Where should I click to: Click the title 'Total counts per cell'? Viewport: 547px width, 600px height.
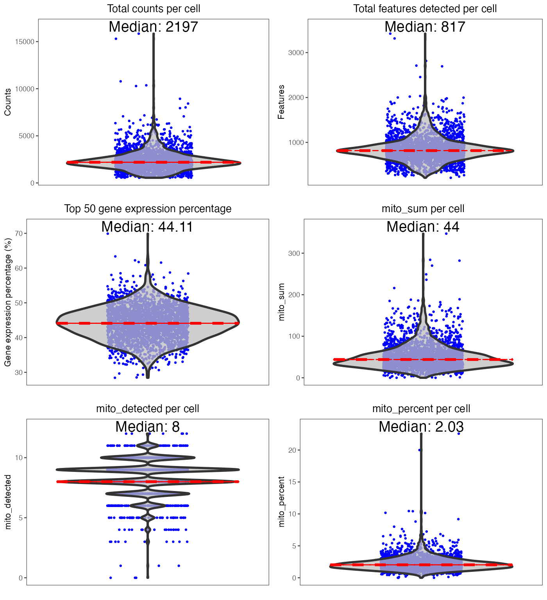tap(154, 9)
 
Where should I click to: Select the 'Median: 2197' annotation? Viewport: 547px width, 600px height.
tap(154, 27)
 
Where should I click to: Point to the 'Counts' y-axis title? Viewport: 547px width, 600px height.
tap(8, 102)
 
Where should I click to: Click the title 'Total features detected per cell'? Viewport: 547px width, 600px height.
tap(425, 9)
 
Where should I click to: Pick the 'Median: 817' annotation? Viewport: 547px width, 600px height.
tap(425, 27)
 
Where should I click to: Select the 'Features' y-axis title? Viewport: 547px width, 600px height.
tap(281, 102)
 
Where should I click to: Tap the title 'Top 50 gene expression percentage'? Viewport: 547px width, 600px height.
tap(148, 209)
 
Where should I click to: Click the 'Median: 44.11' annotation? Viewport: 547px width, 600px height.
tap(147, 227)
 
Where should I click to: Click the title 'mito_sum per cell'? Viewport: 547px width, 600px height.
tap(423, 209)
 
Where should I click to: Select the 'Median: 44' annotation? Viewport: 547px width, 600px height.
tap(423, 227)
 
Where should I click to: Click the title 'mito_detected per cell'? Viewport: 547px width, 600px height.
tap(148, 409)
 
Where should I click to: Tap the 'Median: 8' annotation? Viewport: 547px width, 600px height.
tap(147, 427)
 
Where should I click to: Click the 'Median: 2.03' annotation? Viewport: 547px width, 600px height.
tap(421, 427)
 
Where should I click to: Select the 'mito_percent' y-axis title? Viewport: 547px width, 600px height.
tap(281, 502)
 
